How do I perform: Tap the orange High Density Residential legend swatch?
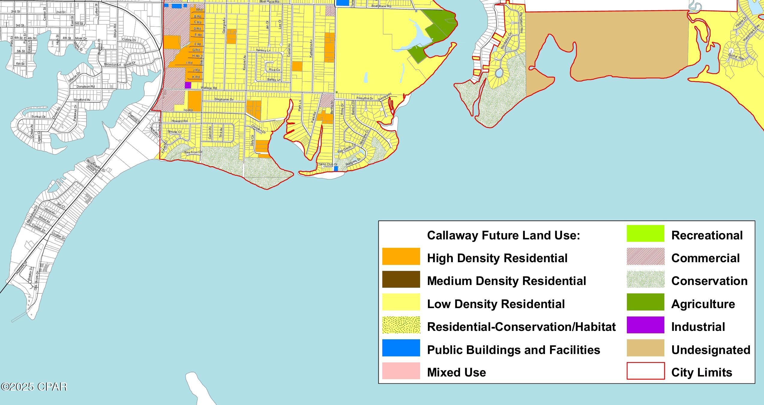[401, 256]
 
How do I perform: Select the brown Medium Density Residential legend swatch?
[401, 279]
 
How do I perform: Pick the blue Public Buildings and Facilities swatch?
[401, 348]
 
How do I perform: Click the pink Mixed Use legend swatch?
[401, 371]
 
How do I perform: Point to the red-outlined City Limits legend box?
[645, 371]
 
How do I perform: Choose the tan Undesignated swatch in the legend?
[645, 348]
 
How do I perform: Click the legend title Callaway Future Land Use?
[503, 235]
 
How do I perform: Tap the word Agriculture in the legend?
[703, 304]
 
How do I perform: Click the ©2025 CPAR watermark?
[34, 387]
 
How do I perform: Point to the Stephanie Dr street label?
[224, 99]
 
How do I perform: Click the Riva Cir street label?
[274, 70]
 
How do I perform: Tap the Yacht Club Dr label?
[327, 164]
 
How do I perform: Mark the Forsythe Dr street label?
[365, 98]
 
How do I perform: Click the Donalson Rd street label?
[86, 87]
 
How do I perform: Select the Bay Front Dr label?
[193, 152]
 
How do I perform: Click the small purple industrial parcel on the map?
[188, 85]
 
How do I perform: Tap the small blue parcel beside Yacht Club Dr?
[336, 169]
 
